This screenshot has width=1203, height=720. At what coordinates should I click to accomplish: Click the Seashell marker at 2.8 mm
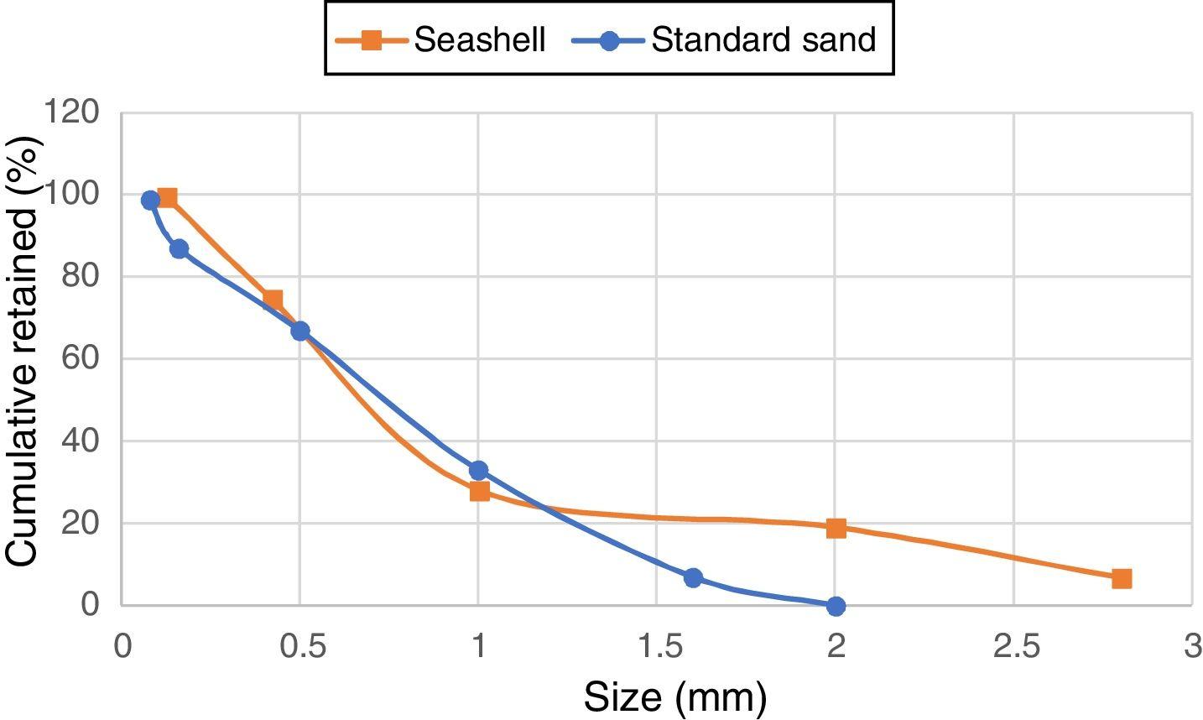(1122, 578)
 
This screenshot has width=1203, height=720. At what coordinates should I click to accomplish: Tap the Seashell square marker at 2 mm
(836, 528)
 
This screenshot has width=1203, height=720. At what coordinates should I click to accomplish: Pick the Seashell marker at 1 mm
(479, 491)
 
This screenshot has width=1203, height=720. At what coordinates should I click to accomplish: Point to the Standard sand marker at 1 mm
(478, 470)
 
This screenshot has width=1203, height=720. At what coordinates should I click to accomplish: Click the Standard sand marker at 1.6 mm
(693, 577)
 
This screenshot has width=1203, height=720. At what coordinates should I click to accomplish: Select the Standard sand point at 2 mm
(836, 606)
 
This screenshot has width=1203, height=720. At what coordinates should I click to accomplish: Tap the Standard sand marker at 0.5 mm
(299, 331)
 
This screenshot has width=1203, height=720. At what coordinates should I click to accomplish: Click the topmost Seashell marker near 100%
(167, 198)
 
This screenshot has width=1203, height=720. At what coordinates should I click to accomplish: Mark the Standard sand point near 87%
(179, 248)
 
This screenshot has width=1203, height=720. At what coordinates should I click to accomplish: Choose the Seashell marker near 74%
(273, 300)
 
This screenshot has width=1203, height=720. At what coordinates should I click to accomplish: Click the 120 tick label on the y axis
(73, 112)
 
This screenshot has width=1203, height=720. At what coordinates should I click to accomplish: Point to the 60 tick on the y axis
(82, 358)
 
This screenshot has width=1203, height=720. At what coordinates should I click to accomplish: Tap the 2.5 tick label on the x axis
(1013, 648)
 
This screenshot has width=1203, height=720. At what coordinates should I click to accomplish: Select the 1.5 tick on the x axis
(656, 648)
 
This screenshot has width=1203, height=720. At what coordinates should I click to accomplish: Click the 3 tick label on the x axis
(1191, 648)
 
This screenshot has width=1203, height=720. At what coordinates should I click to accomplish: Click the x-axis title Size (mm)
(674, 697)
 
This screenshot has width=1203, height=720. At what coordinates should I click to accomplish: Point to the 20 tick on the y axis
(82, 523)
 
